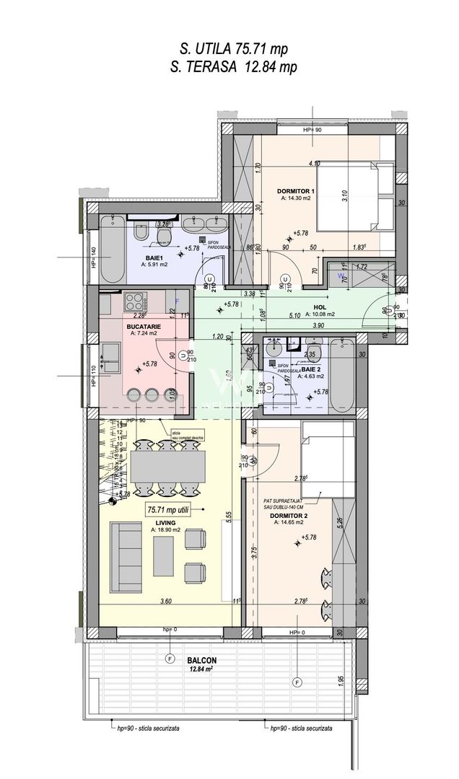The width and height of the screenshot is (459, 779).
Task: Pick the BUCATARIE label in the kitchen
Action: [x=145, y=326]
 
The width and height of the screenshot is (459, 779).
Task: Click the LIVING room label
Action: [x=164, y=523]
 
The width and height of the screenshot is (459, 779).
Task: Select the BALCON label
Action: [x=204, y=660]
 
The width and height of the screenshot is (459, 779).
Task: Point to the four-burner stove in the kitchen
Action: [x=135, y=299]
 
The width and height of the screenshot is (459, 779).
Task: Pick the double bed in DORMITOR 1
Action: [x=352, y=195]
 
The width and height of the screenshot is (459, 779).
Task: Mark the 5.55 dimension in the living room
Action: [x=228, y=516]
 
